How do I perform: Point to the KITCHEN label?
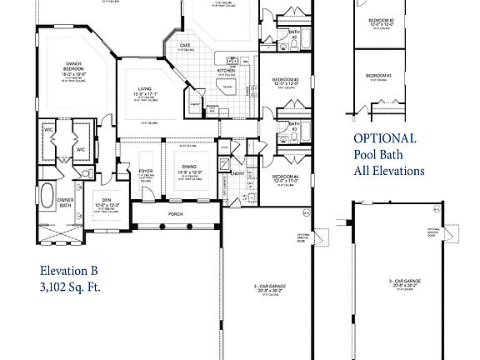pos(227,72)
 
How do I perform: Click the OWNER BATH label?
pos(66,202)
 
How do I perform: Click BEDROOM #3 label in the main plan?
pos(284,80)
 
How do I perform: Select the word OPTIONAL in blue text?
pos(384,138)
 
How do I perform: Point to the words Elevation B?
pos(69,270)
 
